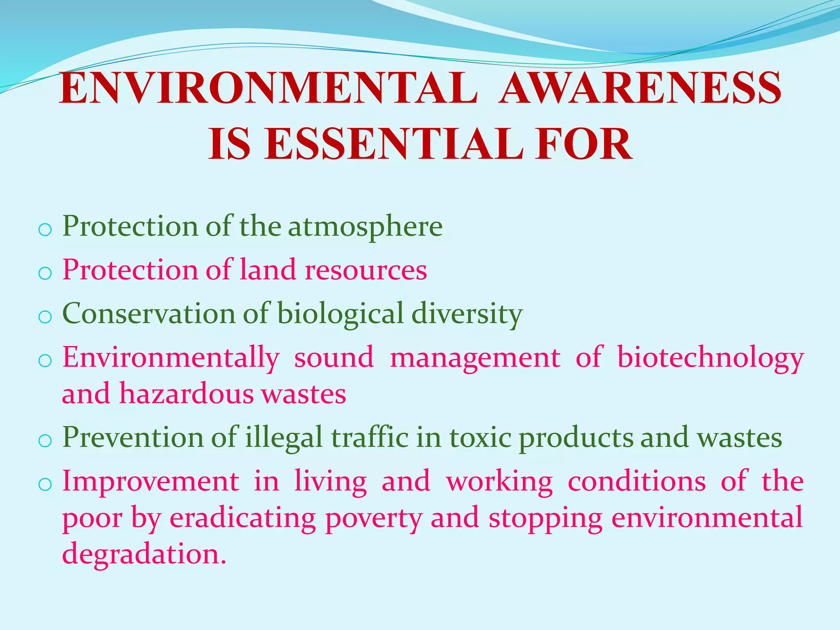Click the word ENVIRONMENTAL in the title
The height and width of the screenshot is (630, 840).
click(269, 88)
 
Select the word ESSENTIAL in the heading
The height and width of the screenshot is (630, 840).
click(394, 144)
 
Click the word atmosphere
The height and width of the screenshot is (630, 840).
click(365, 227)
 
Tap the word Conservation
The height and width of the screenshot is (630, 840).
click(148, 314)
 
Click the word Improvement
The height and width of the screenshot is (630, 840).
click(151, 482)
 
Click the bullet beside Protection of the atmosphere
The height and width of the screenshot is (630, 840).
click(44, 230)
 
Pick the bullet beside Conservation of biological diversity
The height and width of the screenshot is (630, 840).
click(44, 317)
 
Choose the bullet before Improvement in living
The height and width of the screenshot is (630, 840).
click(44, 484)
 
